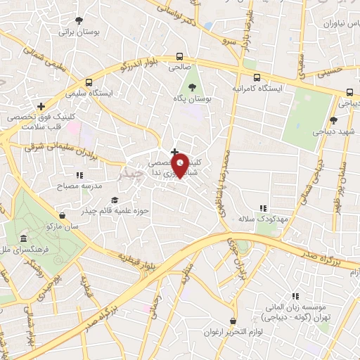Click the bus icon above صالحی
click(x=180, y=57)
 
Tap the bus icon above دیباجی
click(x=349, y=92)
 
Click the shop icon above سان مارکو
click(x=63, y=215)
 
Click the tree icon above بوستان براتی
click(x=79, y=20)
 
